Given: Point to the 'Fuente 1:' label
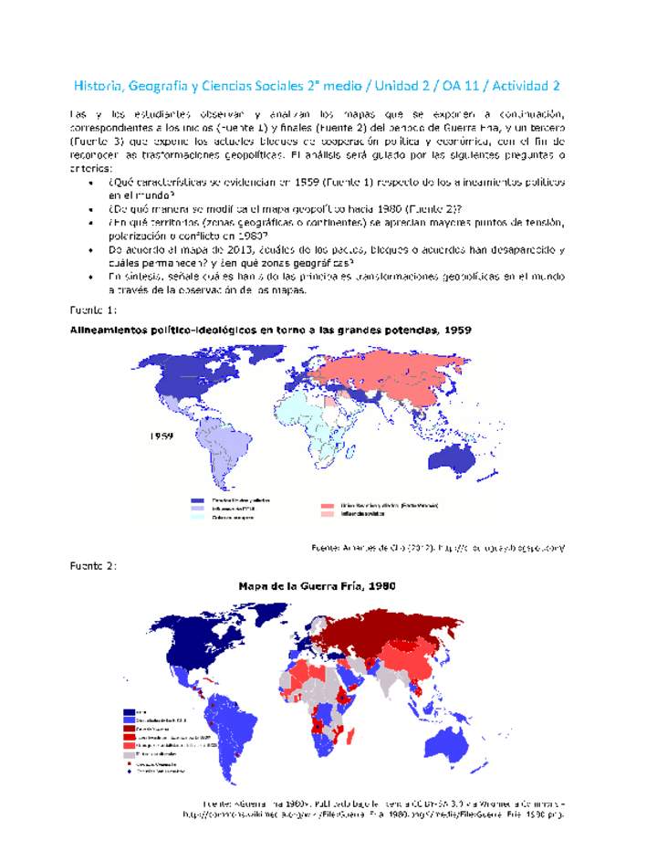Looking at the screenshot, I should [92, 309].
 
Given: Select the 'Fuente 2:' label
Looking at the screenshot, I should [92, 566].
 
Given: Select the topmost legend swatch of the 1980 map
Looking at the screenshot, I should [129, 711].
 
